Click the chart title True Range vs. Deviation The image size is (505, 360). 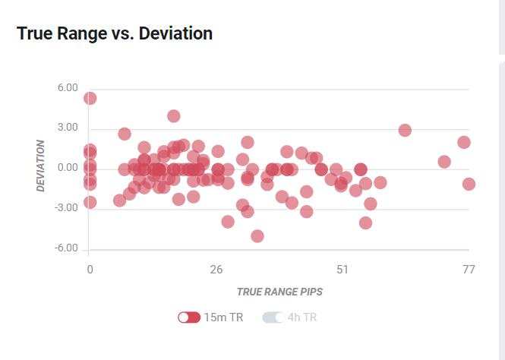[115, 33]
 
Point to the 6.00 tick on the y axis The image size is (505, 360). [68, 88]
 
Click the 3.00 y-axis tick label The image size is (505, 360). [68, 128]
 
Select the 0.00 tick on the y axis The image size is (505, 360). [68, 168]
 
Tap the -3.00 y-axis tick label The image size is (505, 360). [66, 208]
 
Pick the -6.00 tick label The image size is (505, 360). [66, 248]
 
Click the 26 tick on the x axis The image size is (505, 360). [216, 270]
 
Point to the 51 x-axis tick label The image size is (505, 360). [342, 270]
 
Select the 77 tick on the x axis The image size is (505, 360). [469, 270]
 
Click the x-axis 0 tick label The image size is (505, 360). [90, 270]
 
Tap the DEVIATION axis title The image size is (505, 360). [41, 166]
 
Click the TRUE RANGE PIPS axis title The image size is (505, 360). [279, 292]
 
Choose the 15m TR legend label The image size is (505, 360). [223, 317]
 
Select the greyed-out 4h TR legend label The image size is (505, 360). [302, 317]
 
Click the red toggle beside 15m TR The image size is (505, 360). [189, 317]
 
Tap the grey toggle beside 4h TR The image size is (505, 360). [273, 317]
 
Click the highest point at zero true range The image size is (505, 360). [90, 98]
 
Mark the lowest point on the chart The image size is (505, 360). [257, 236]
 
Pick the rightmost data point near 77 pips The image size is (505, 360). [469, 184]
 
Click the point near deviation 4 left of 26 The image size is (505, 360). [174, 116]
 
